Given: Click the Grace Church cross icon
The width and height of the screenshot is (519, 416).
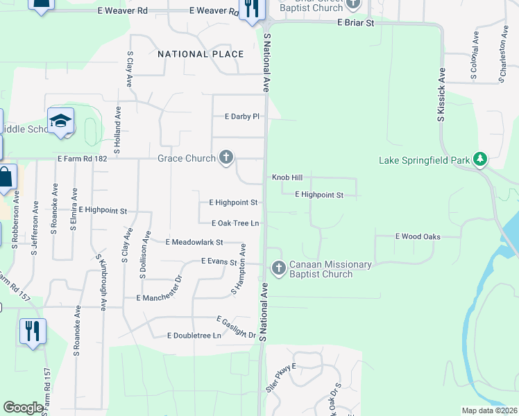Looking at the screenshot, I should (226, 158).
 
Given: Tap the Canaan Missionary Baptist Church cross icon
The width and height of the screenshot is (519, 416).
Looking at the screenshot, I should (279, 268).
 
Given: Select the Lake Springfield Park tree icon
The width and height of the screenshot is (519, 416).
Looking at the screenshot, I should (479, 159).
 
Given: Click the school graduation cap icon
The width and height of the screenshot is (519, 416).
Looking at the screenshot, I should (60, 121).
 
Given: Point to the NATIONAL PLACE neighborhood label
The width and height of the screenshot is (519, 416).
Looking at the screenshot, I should (201, 54).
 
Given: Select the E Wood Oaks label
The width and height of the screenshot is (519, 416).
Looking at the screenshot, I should (418, 236).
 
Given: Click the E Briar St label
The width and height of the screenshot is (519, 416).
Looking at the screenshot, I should (356, 23).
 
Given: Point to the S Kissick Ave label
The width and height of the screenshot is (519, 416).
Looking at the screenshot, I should (441, 96).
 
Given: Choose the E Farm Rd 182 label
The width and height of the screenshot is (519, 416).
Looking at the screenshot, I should (83, 159).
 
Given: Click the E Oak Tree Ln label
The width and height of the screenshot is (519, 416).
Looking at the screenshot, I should (235, 223).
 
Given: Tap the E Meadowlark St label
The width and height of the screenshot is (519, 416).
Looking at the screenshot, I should (194, 242).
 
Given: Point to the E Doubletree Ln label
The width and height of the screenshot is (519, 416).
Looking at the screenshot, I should (194, 336).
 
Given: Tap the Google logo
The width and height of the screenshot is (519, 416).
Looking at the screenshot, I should (23, 408).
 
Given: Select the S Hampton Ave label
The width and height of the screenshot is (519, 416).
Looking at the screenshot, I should (238, 269).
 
